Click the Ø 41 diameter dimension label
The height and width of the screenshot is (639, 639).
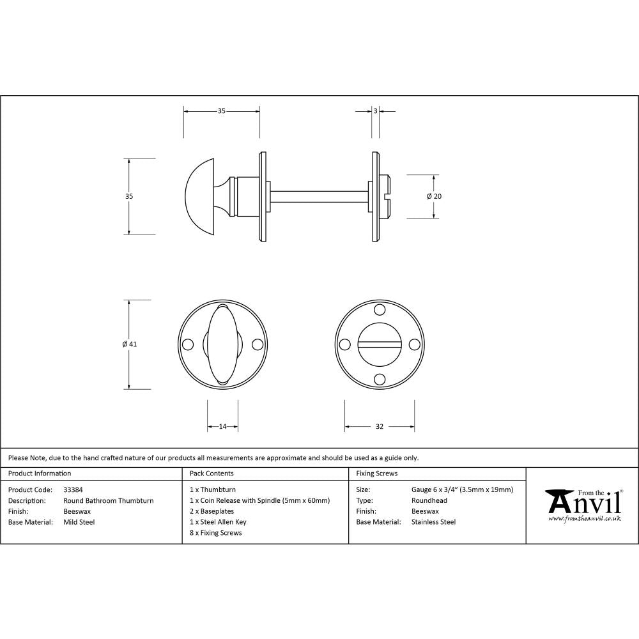[x=130, y=344]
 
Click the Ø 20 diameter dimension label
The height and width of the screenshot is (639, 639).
[x=434, y=196]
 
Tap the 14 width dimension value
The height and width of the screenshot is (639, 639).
[x=222, y=426]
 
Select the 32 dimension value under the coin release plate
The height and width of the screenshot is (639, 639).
[x=380, y=426]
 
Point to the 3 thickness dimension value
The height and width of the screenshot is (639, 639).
[x=375, y=111]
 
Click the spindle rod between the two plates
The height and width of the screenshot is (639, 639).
[x=319, y=196]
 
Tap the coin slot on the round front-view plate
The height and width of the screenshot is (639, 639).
[x=380, y=344]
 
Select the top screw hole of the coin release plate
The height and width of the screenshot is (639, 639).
[x=380, y=310]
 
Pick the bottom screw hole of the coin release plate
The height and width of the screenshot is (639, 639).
[x=380, y=378]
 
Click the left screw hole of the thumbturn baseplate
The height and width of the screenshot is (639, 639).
[x=188, y=344]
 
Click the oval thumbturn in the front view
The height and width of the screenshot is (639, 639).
[x=222, y=344]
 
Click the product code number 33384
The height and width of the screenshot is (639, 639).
[x=73, y=489]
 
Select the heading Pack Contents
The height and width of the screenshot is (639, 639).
[x=212, y=473]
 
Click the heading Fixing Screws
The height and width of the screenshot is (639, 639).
[x=376, y=473]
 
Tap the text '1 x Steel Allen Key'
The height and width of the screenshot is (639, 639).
[x=218, y=522]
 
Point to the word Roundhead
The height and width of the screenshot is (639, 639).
[x=429, y=500]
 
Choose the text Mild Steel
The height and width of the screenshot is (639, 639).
[x=79, y=522]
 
